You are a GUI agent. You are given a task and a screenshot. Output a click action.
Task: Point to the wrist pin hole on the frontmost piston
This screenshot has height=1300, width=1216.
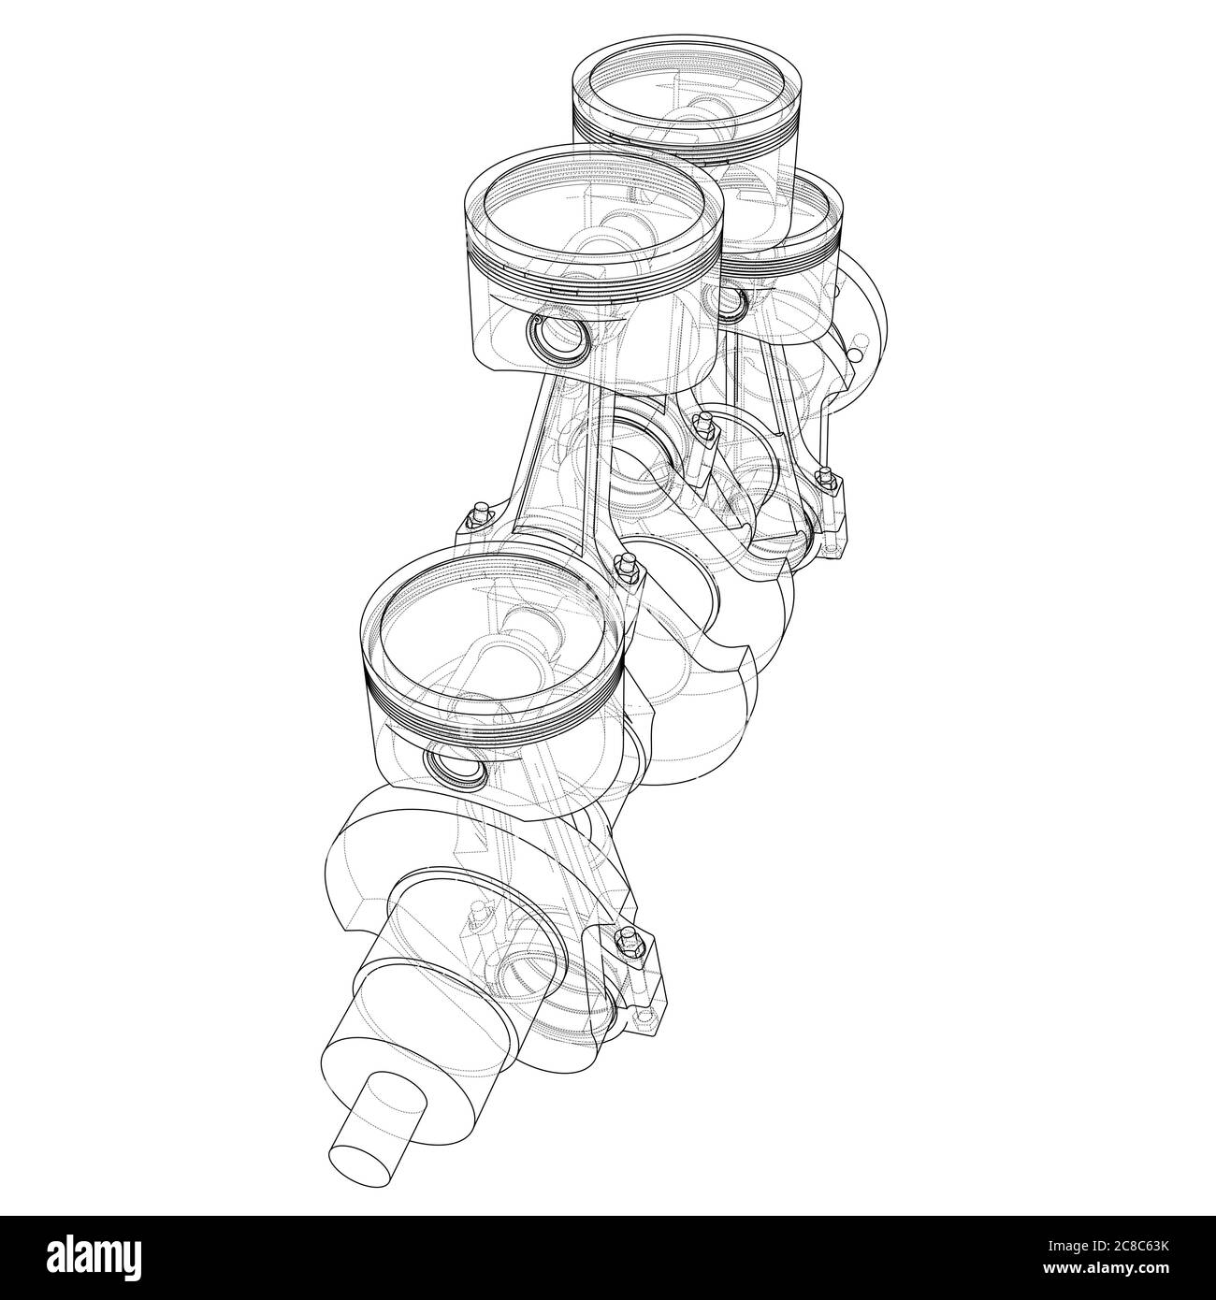click(456, 769)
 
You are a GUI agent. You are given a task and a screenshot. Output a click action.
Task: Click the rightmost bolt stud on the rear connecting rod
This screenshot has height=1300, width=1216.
click(825, 480)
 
